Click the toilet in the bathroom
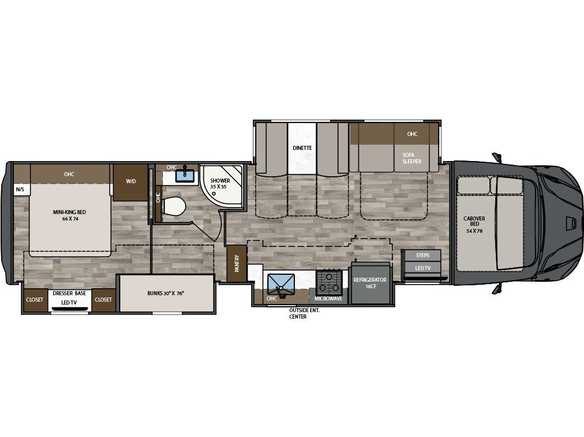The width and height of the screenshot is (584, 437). click(173, 206)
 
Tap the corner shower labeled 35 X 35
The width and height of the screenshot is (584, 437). click(222, 186)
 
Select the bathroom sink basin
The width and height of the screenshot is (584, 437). click(185, 175)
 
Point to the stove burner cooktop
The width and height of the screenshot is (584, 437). click(329, 283)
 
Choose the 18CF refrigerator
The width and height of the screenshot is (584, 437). click(370, 282)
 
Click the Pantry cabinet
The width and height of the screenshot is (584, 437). click(237, 264)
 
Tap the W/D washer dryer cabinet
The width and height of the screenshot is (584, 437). click(131, 183)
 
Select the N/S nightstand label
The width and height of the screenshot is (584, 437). click(20, 190)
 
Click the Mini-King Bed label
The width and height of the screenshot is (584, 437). click(69, 215)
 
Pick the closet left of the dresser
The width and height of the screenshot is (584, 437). click(34, 300)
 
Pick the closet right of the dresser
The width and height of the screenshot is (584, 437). click(103, 300)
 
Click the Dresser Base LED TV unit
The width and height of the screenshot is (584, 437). click(69, 300)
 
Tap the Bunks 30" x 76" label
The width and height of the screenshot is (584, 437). click(166, 293)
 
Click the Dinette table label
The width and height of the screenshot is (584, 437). click(302, 148)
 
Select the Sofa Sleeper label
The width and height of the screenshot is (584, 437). click(412, 158)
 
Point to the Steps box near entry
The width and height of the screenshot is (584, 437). click(422, 256)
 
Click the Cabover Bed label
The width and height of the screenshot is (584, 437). click(474, 225)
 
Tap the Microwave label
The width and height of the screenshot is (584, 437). click(328, 299)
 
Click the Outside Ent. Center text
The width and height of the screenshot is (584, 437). click(304, 313)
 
